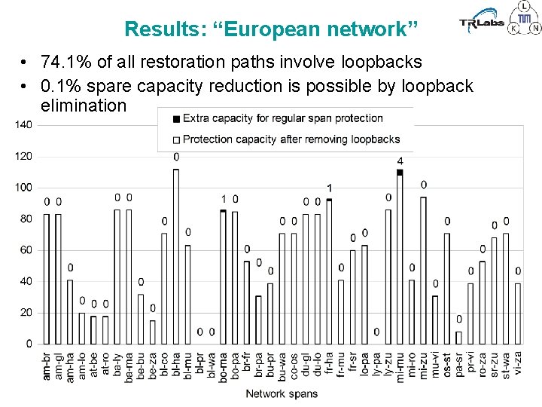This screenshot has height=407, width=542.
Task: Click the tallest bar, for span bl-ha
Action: coord(176,256)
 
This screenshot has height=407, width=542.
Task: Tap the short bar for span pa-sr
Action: coord(458,337)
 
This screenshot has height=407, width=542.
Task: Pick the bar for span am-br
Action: coord(47,279)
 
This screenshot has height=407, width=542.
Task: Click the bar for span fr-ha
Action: coord(329,271)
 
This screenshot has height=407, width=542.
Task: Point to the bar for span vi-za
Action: coord(517,314)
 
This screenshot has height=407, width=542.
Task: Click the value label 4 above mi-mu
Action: coord(400,161)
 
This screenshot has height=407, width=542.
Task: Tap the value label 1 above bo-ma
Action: coord(224,199)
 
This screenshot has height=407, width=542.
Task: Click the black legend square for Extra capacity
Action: coord(176,118)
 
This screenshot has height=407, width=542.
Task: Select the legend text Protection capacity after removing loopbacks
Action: coord(291,139)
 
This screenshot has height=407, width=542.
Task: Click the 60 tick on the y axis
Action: coord(26,250)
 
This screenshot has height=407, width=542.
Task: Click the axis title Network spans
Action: coord(282,393)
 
